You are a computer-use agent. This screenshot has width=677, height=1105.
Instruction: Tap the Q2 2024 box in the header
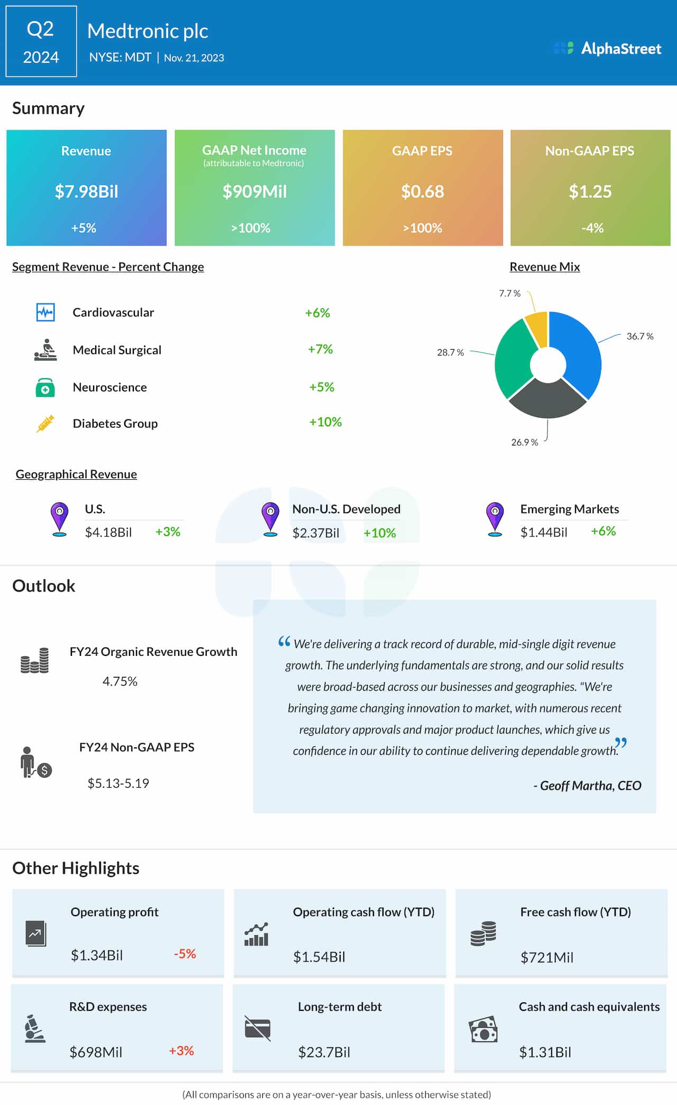(41, 42)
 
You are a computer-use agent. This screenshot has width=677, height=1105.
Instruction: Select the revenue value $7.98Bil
(86, 191)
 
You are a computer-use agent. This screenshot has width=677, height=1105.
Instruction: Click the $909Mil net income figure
(254, 191)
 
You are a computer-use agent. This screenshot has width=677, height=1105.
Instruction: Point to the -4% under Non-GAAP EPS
(592, 228)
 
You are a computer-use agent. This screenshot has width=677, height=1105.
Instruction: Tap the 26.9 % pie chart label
(524, 442)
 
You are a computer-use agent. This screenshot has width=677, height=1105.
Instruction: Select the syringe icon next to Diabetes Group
(45, 424)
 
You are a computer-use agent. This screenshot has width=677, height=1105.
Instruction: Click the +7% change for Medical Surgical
(320, 349)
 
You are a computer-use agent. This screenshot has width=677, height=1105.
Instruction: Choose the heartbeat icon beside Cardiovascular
(45, 312)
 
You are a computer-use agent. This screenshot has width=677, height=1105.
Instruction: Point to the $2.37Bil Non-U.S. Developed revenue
(316, 533)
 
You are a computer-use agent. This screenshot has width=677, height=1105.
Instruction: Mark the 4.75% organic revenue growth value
(120, 681)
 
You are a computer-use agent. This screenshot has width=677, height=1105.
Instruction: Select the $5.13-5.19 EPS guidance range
(118, 783)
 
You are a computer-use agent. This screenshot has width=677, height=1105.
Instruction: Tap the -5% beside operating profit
(185, 954)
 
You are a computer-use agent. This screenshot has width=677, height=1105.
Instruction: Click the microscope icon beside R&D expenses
(35, 1029)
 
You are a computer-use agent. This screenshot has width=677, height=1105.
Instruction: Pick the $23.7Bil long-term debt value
(324, 1052)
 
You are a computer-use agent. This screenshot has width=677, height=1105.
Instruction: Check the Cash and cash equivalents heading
(589, 1007)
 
